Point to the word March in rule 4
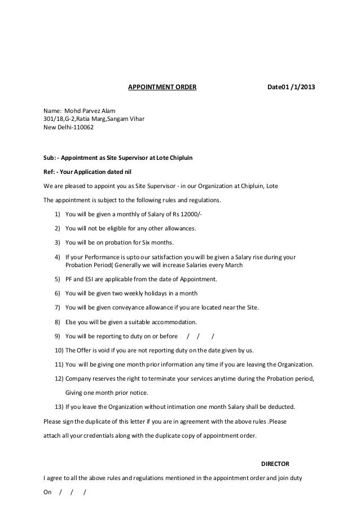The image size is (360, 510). pos(233,265)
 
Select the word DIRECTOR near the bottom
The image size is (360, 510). pos(274,464)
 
